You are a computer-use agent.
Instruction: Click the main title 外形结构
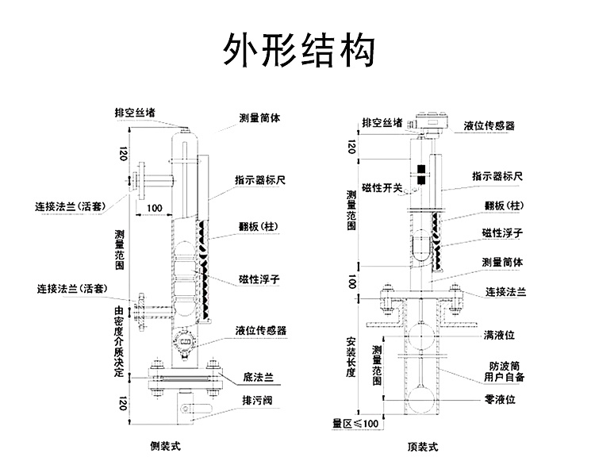click(x=298, y=50)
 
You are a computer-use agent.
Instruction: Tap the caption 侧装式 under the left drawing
click(x=166, y=446)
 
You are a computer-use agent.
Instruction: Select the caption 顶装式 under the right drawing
click(x=423, y=447)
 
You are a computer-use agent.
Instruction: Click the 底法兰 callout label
click(x=258, y=377)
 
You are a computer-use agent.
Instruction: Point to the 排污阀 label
click(x=257, y=400)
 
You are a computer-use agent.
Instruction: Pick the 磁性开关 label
click(x=382, y=188)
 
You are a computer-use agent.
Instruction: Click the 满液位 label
click(x=499, y=335)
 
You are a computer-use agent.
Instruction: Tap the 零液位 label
click(x=500, y=399)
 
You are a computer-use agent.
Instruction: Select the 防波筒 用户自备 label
click(x=505, y=371)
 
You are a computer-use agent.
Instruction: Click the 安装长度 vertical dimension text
click(x=351, y=357)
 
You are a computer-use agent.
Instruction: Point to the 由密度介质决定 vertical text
click(x=119, y=341)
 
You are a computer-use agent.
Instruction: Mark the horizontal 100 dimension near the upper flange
click(x=155, y=208)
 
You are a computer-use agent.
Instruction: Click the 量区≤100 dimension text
click(x=355, y=424)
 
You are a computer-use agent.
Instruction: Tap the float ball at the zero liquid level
click(x=420, y=399)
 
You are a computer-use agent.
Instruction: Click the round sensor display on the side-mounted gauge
click(x=184, y=343)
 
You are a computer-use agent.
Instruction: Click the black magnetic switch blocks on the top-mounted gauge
click(x=420, y=175)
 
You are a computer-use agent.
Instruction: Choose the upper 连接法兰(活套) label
click(x=70, y=207)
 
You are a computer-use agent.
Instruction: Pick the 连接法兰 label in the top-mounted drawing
click(x=506, y=292)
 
